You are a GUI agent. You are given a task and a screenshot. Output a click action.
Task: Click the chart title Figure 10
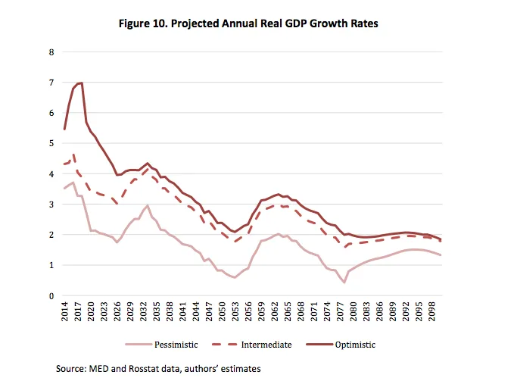(x=249, y=23)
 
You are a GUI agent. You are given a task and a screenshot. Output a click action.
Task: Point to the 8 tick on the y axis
(x=51, y=52)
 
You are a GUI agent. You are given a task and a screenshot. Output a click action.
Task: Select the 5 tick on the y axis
(x=51, y=143)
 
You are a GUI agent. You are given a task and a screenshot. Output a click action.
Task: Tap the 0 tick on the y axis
(x=51, y=296)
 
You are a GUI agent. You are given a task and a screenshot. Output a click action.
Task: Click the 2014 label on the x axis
(x=64, y=312)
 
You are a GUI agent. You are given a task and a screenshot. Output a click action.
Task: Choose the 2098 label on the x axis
(x=431, y=312)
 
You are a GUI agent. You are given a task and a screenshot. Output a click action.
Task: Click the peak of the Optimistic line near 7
(x=80, y=83)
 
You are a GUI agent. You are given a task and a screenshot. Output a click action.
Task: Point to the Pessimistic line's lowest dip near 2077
(x=344, y=283)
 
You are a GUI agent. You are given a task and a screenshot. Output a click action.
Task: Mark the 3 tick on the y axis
(x=51, y=205)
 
